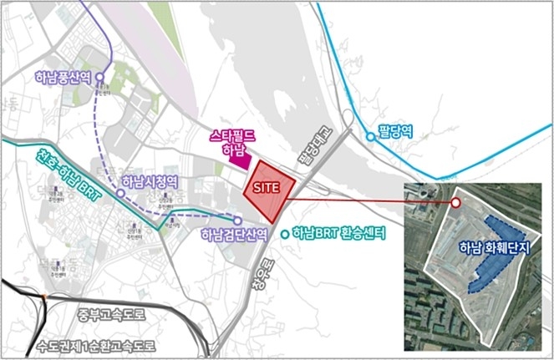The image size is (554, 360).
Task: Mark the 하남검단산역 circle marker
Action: tap(237, 221)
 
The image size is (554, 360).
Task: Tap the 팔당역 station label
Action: tap(396, 131)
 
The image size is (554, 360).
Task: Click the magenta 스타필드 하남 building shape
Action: tap(244, 160)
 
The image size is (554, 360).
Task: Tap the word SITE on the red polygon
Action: tap(267, 188)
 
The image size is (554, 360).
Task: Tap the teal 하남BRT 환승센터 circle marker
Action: tap(286, 234)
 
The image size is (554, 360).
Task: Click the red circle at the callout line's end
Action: tap(455, 202)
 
